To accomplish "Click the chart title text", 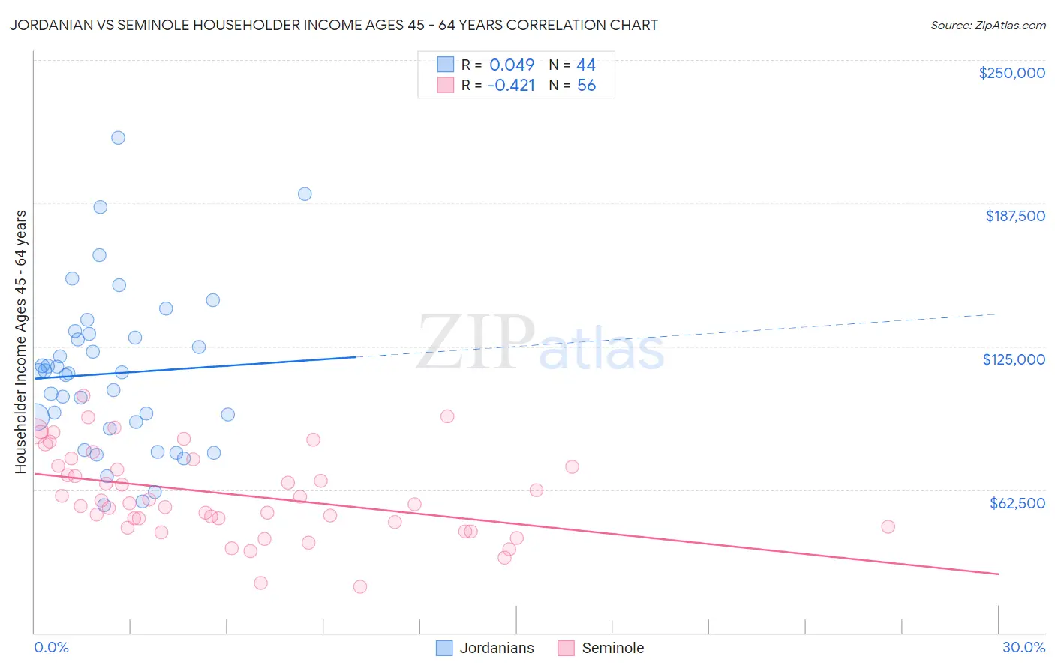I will pyautogui.click(x=333, y=25).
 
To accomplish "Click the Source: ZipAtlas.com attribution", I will pyautogui.click(x=987, y=25).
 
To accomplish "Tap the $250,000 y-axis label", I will pyautogui.click(x=1011, y=73).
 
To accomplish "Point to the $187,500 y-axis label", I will pyautogui.click(x=1014, y=216).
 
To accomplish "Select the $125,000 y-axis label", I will pyautogui.click(x=1014, y=359).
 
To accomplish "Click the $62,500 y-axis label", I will pyautogui.click(x=1017, y=503).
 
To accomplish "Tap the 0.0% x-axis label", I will pyautogui.click(x=51, y=647).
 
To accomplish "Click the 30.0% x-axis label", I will pyautogui.click(x=1023, y=647).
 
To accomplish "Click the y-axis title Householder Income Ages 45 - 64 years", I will pyautogui.click(x=20, y=342).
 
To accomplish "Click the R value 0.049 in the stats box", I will pyautogui.click(x=512, y=65).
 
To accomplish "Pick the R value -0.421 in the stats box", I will pyautogui.click(x=511, y=85).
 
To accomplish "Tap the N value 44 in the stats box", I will pyautogui.click(x=585, y=65).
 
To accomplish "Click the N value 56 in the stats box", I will pyautogui.click(x=586, y=85).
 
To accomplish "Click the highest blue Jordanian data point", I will pyautogui.click(x=118, y=138).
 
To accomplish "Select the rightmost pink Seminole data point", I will pyautogui.click(x=888, y=526).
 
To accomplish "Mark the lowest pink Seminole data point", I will pyautogui.click(x=360, y=586).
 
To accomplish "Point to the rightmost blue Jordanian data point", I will pyautogui.click(x=305, y=194).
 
